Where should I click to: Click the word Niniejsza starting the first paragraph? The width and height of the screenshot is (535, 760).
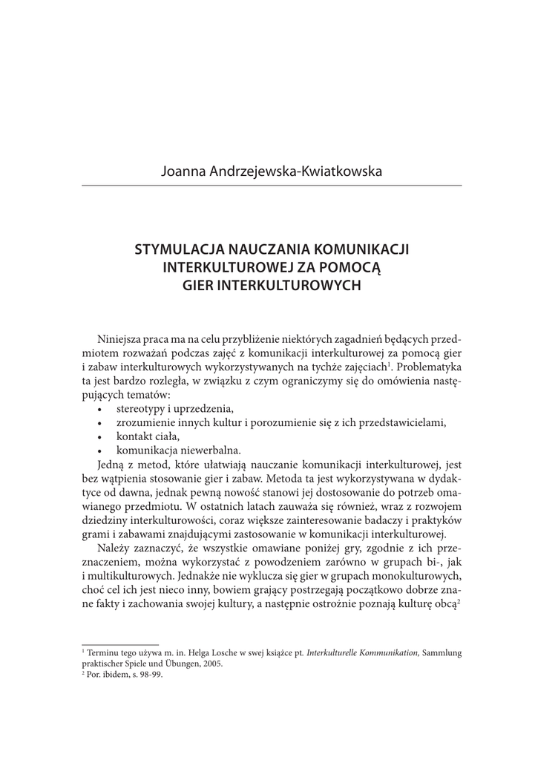click(x=120, y=339)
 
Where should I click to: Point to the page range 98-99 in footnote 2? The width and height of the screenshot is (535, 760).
click(x=151, y=675)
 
